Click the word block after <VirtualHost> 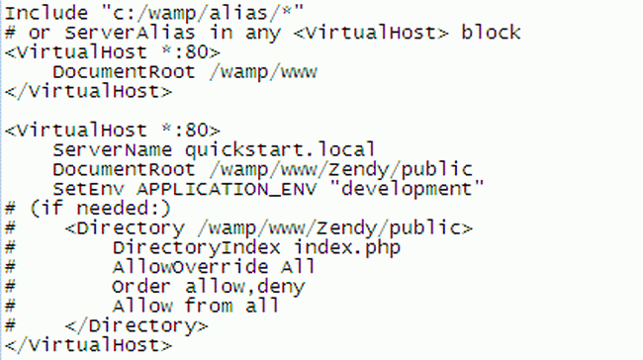point(490,33)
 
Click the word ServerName point(113,150)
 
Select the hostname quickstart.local point(280,150)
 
